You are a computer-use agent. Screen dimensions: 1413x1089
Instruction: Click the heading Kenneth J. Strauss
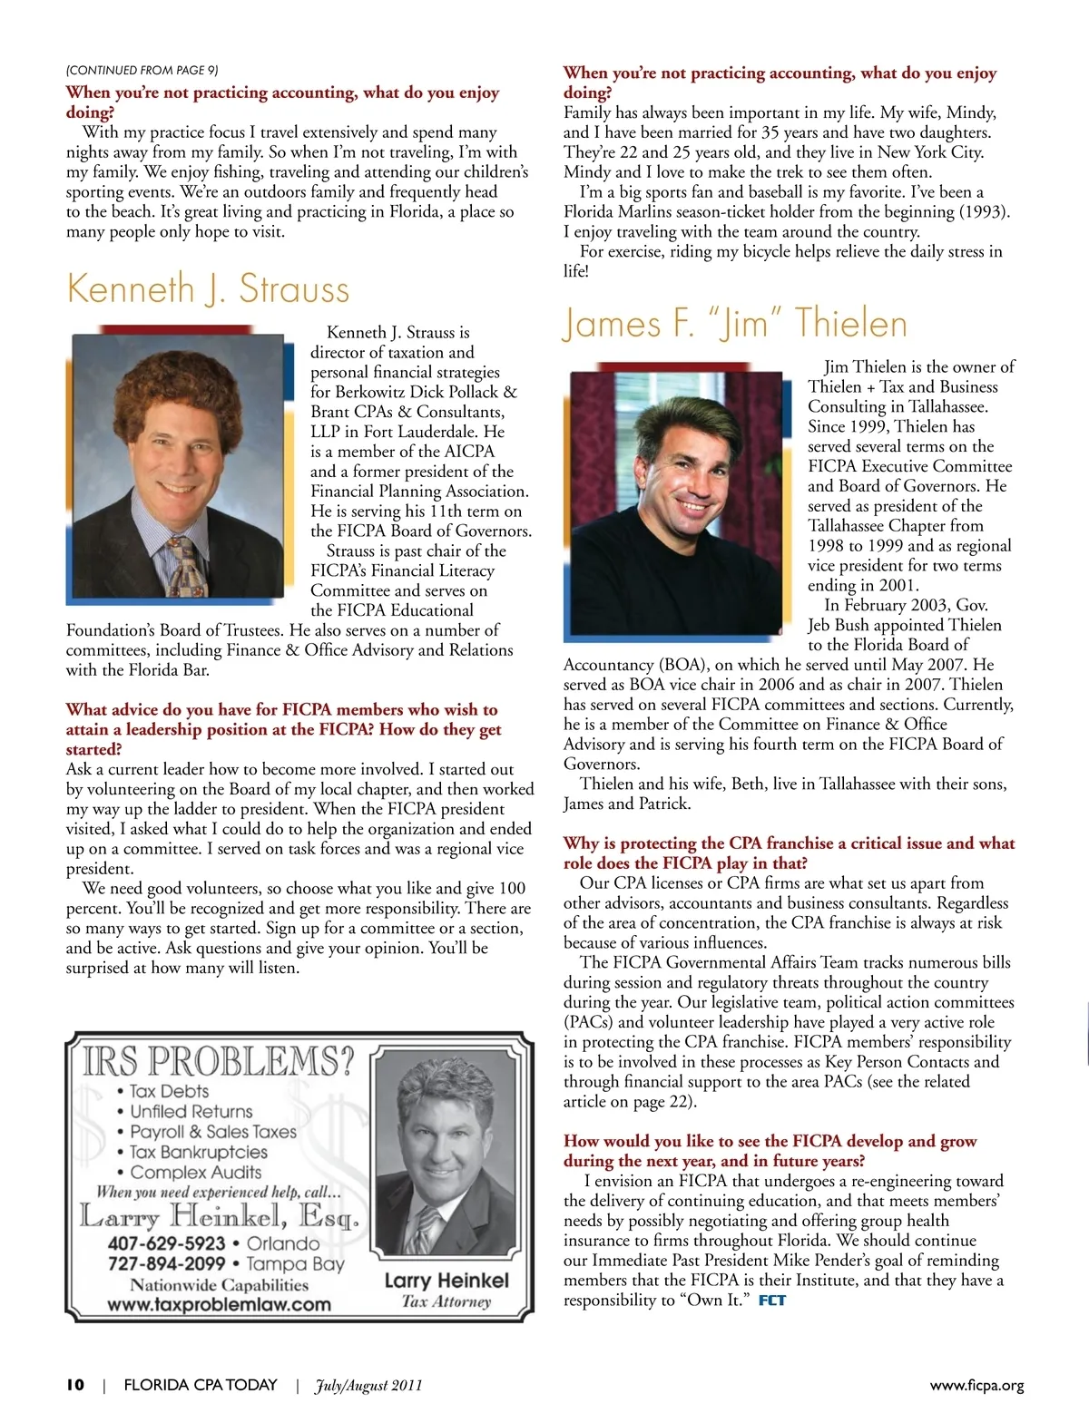(x=208, y=288)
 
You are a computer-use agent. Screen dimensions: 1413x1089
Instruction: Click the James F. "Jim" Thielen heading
(x=734, y=324)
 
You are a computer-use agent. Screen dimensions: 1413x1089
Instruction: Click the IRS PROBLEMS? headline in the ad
(x=219, y=1061)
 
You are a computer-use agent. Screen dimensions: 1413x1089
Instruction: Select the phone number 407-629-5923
(x=166, y=1243)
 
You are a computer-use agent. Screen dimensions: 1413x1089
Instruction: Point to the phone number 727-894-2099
(x=166, y=1263)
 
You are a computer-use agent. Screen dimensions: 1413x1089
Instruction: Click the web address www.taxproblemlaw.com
(x=219, y=1305)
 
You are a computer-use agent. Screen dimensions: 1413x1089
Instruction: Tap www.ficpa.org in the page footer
(x=976, y=1385)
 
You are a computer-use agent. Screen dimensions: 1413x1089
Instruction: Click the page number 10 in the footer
(x=74, y=1384)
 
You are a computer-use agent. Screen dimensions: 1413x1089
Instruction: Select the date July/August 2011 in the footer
(x=368, y=1385)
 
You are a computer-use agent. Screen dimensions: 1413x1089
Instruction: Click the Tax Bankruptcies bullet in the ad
(x=199, y=1152)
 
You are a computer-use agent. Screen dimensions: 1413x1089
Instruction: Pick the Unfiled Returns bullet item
(x=191, y=1111)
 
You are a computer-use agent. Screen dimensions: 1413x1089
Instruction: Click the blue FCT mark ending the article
(x=772, y=1301)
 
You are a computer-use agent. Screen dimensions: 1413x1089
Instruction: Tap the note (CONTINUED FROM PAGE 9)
(x=142, y=70)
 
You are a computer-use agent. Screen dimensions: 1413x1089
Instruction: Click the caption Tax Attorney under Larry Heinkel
(x=446, y=1301)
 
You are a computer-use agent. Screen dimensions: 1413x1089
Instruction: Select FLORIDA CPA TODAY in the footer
(x=200, y=1385)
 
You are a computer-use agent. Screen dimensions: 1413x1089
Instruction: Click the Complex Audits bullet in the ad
(x=195, y=1172)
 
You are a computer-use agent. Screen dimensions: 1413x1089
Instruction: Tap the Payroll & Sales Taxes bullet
(x=213, y=1132)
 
